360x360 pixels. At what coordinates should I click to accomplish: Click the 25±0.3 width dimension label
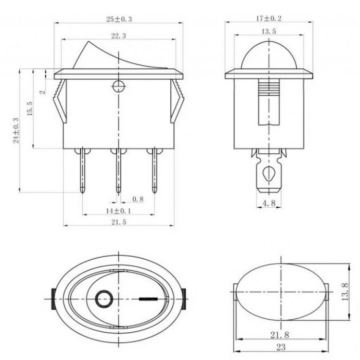click(x=119, y=19)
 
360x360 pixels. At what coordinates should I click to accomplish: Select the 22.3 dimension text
click(x=119, y=35)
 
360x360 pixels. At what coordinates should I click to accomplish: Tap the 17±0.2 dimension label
click(x=269, y=19)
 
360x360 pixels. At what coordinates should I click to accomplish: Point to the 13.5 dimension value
click(x=269, y=31)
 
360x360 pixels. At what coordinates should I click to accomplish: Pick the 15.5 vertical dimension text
click(x=29, y=109)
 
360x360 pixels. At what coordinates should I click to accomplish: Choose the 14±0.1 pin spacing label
click(x=118, y=211)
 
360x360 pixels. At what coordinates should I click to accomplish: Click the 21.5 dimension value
click(x=118, y=222)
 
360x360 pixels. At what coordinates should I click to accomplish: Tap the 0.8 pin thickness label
click(x=138, y=199)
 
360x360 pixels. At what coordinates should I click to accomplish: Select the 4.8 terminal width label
click(x=269, y=204)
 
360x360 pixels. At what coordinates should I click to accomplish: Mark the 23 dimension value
click(x=281, y=347)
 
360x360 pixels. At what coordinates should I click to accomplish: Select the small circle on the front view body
click(x=118, y=86)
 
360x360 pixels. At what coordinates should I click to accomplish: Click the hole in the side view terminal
click(x=268, y=172)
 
